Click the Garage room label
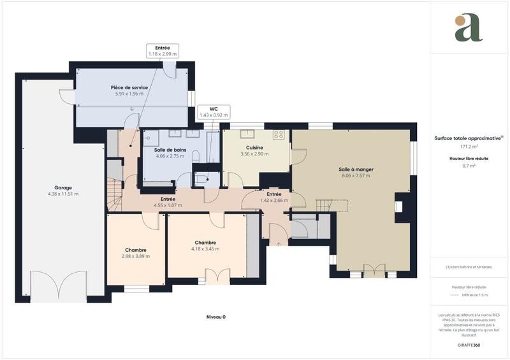pos(62,188)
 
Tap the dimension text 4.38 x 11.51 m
pos(62,194)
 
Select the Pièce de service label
pos(129,87)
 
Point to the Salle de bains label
pos(170,150)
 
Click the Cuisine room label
pos(254,148)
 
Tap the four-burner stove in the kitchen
pos(279,134)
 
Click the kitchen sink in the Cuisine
pos(247,134)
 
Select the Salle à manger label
pos(356,169)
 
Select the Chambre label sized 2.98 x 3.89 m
pos(136,250)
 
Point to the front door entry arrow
pos(279,242)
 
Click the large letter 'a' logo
pos(469,28)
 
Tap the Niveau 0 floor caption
pos(216,317)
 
